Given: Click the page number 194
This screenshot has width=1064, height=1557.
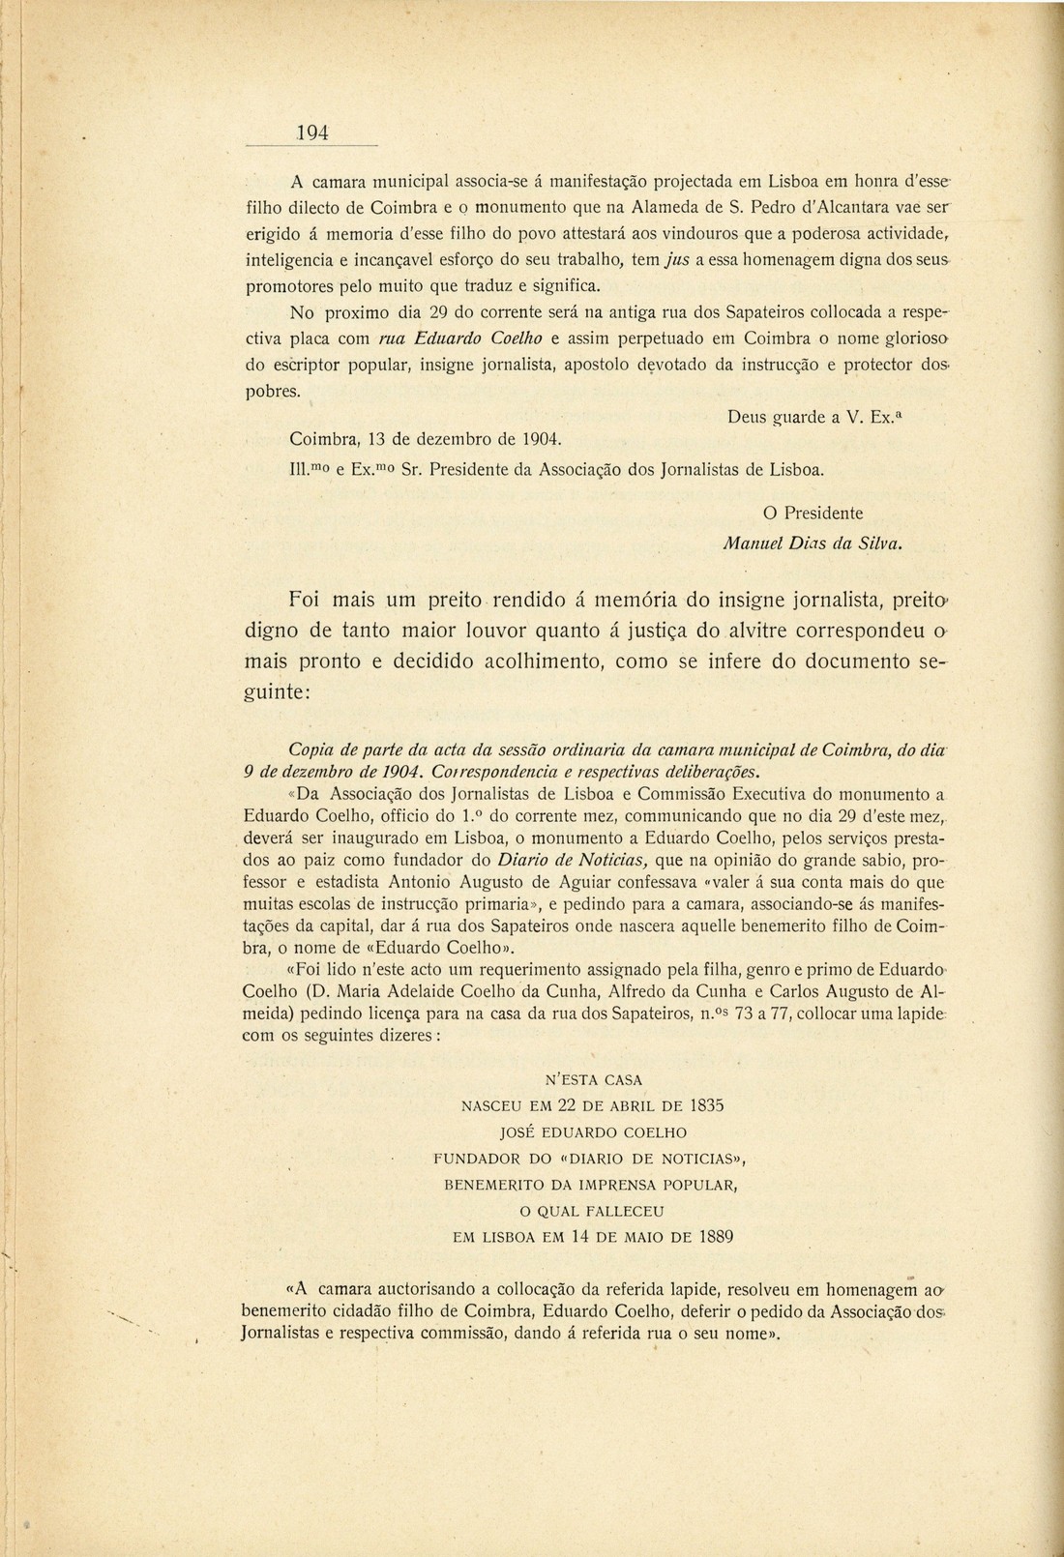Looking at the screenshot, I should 312,133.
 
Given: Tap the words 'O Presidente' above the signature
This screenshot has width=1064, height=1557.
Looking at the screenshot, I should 807,513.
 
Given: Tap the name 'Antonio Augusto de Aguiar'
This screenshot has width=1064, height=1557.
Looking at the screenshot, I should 482,883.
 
